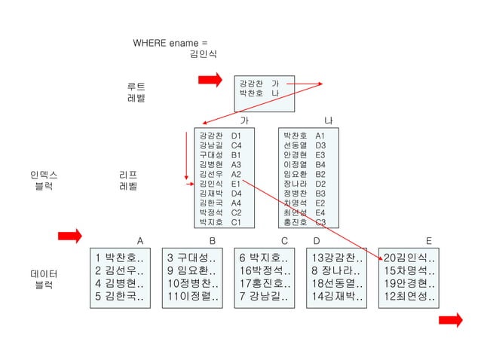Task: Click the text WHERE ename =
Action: tap(170, 43)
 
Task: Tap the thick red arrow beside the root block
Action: tap(210, 79)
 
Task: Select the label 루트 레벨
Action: tap(136, 92)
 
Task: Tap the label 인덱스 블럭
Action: tap(44, 180)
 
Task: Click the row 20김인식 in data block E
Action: tap(409, 258)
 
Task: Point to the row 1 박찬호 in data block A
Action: tap(119, 258)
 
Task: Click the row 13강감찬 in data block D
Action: tap(337, 258)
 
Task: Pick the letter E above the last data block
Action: tap(429, 241)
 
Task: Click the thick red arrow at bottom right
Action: tap(451, 321)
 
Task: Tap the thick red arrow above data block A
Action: tap(70, 236)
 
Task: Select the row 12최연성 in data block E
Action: tap(409, 296)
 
